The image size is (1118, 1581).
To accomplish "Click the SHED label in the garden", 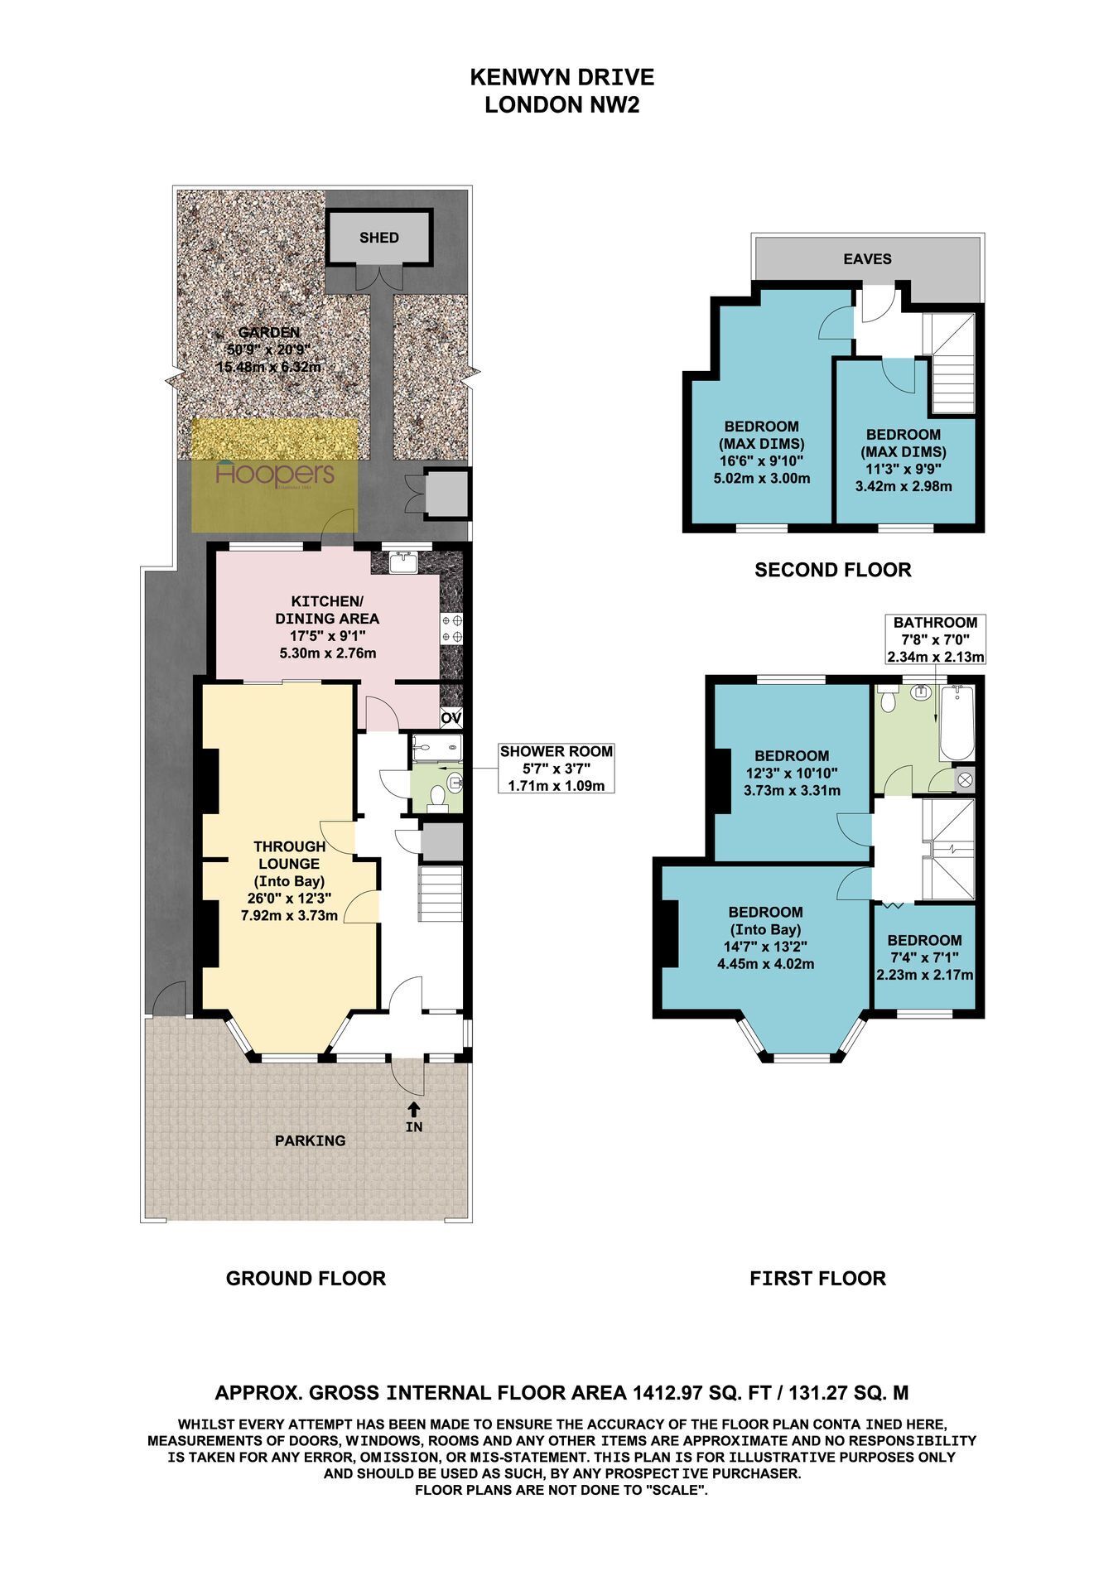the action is (x=379, y=238).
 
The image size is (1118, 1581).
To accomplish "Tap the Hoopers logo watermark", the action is (x=275, y=475).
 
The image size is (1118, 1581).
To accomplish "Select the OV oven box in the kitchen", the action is (x=451, y=717).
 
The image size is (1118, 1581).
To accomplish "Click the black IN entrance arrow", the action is (x=414, y=1108).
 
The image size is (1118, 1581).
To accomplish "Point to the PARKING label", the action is (x=311, y=1140).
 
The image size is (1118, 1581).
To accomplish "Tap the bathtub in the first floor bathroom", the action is (x=956, y=723).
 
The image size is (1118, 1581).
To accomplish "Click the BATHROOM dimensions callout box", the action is (x=935, y=639).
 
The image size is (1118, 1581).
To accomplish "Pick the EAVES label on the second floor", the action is (x=867, y=259).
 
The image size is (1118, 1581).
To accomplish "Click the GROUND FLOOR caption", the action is (x=306, y=1279).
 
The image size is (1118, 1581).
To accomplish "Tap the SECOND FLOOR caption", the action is (x=832, y=570).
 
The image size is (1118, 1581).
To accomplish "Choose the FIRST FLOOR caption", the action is (x=817, y=1279).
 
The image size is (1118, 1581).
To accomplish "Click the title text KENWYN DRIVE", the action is (x=562, y=77).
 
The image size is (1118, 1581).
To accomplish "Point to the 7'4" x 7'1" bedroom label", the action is (x=924, y=957).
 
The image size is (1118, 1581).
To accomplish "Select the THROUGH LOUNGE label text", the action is (x=290, y=855).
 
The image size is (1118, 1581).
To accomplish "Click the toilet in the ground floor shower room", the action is (x=438, y=797).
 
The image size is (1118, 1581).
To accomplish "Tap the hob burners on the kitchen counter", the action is (x=452, y=629).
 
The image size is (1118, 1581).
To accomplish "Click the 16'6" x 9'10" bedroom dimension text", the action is (x=761, y=461).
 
